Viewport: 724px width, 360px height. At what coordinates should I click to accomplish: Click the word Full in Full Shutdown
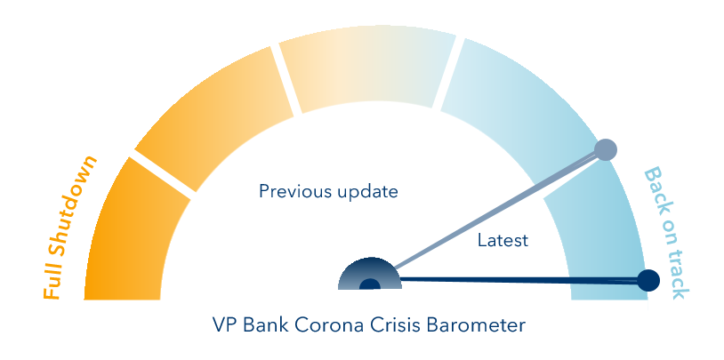pyautogui.click(x=52, y=284)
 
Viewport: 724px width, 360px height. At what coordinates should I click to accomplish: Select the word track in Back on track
pyautogui.click(x=678, y=275)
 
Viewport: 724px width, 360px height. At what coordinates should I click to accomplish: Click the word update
pyautogui.click(x=367, y=191)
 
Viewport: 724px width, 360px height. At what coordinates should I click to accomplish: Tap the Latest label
pyautogui.click(x=503, y=241)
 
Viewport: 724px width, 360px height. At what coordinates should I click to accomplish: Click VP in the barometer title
pyautogui.click(x=224, y=325)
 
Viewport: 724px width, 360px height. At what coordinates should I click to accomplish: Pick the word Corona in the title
pyautogui.click(x=328, y=325)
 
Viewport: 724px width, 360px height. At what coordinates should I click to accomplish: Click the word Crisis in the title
pyautogui.click(x=395, y=325)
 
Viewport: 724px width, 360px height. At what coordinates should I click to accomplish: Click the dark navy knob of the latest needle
pyautogui.click(x=648, y=280)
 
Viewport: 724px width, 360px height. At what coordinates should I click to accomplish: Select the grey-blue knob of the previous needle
pyautogui.click(x=606, y=149)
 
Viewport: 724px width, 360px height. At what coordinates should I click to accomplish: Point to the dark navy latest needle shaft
pyautogui.click(x=519, y=280)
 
